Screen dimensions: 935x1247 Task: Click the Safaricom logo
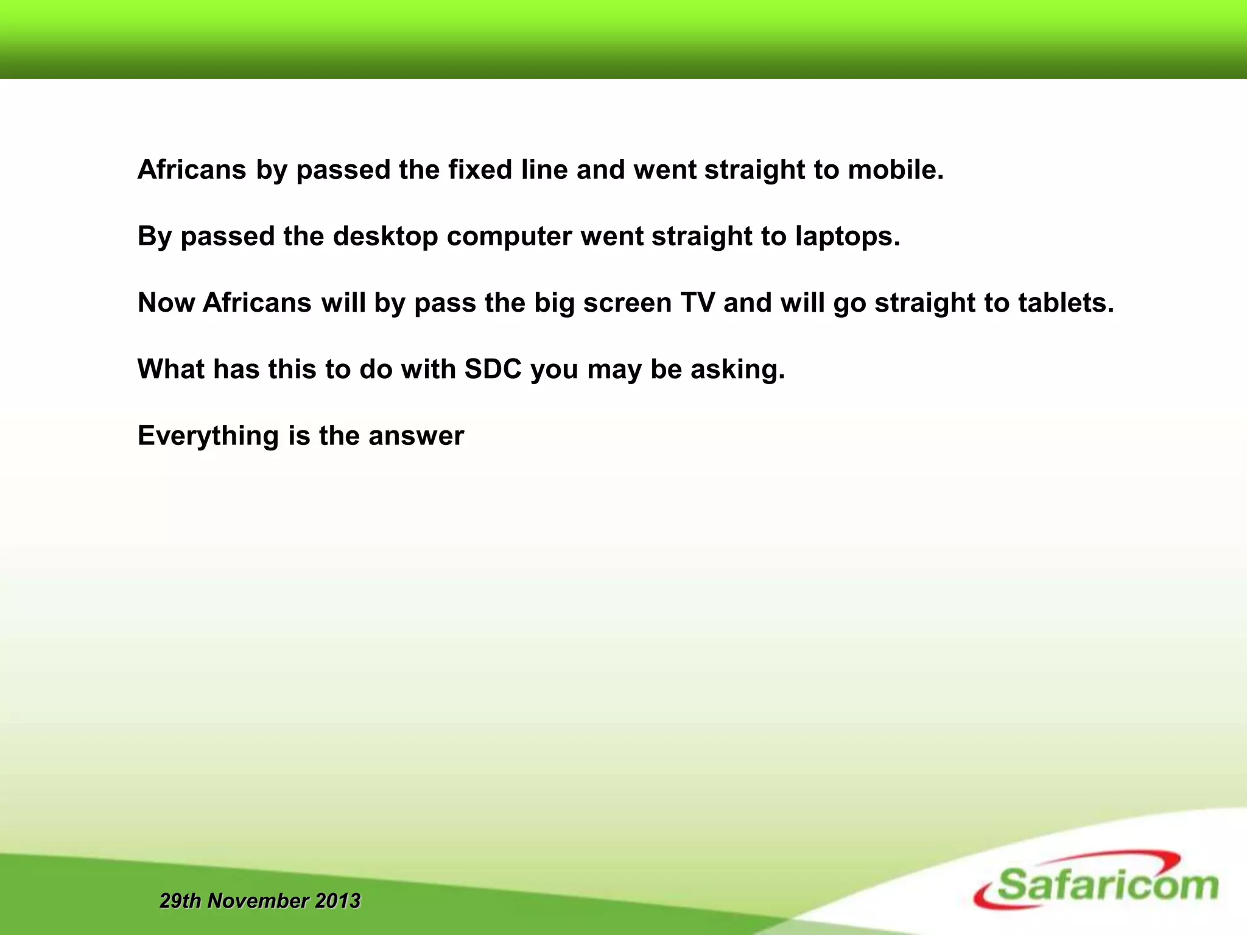[1096, 881]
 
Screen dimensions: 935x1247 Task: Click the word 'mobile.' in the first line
[896, 170]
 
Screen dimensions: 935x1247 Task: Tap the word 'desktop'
[385, 236]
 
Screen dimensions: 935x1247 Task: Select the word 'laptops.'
[848, 236]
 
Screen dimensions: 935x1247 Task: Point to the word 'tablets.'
[1066, 303]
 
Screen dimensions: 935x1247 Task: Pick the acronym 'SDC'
[493, 369]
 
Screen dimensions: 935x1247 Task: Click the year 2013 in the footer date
[337, 900]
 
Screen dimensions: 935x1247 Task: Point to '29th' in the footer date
[180, 900]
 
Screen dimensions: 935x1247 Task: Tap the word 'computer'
[509, 236]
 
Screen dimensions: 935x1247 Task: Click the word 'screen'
[627, 303]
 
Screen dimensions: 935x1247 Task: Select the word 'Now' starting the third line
[166, 303]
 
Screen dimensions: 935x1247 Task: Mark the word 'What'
[171, 369]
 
